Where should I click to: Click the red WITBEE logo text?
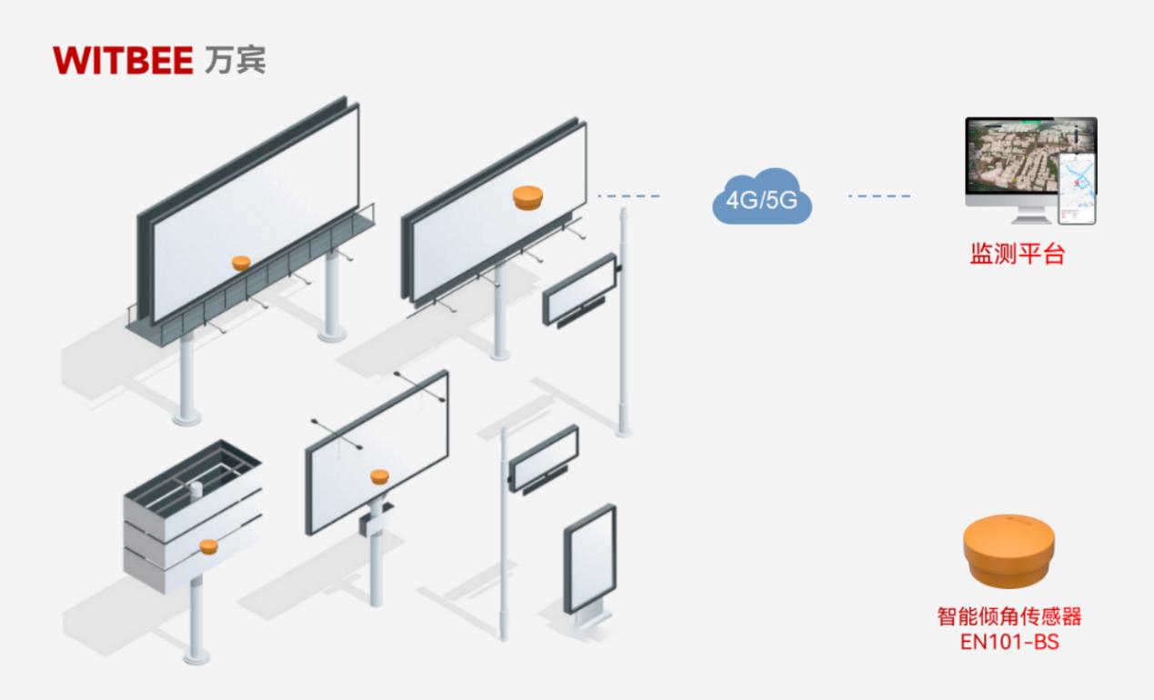tap(123, 60)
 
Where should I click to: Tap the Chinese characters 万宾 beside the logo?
tap(236, 60)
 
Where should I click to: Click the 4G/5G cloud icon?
tap(761, 198)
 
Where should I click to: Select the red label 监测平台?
tap(1016, 254)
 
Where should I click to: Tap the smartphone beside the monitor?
tap(1078, 188)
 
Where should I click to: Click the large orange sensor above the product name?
tap(1009, 550)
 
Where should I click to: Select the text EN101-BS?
tap(1009, 642)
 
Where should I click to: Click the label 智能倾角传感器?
tap(1009, 617)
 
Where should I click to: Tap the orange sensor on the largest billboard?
tap(241, 263)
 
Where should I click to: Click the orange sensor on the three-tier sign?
tap(209, 546)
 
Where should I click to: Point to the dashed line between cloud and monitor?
tap(878, 196)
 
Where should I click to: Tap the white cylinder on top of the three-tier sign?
tap(196, 491)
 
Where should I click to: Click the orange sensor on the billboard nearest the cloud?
tap(527, 197)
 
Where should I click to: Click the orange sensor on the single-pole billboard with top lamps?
tap(379, 476)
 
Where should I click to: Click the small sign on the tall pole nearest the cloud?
tap(579, 290)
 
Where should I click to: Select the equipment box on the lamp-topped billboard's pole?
tap(374, 521)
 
